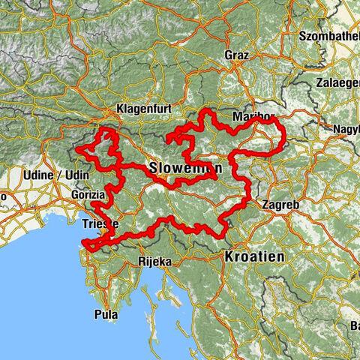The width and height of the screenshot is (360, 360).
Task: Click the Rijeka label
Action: [x=155, y=262]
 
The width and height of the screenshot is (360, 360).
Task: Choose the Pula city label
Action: [x=106, y=315]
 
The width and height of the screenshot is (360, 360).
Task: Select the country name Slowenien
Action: [x=184, y=166]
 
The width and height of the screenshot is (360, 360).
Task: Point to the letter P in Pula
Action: [x=98, y=315]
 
